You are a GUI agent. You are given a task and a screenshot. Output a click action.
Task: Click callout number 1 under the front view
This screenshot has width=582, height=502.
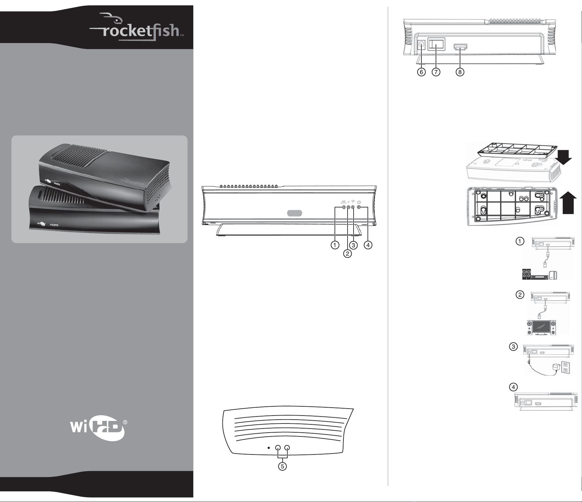pos(335,245)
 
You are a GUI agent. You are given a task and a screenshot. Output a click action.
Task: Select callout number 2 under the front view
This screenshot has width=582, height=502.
pos(348,253)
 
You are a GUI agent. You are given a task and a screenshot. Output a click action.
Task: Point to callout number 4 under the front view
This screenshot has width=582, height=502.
pos(368,245)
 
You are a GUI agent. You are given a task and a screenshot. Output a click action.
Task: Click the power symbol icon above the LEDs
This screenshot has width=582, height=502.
pos(359,202)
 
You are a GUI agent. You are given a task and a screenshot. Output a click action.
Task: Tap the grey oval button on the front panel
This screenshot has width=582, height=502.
pos(295,213)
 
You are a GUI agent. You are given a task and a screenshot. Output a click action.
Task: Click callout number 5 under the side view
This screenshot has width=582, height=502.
pos(282,466)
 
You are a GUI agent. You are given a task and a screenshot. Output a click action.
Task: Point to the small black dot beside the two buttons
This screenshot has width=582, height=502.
pos(268,448)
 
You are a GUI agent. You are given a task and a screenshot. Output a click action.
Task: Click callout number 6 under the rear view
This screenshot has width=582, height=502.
pos(421,72)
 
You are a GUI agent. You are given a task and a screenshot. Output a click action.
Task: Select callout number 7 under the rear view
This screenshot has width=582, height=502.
pos(436,72)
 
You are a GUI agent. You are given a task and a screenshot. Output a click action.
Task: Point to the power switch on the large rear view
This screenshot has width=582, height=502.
pos(437,44)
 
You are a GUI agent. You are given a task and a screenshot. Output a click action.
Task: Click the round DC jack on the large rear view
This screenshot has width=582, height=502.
pos(421,45)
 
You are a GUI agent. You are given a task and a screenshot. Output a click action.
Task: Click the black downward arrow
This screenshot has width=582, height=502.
pos(565,157)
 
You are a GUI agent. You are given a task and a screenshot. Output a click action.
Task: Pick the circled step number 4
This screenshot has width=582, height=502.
pos(513,387)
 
